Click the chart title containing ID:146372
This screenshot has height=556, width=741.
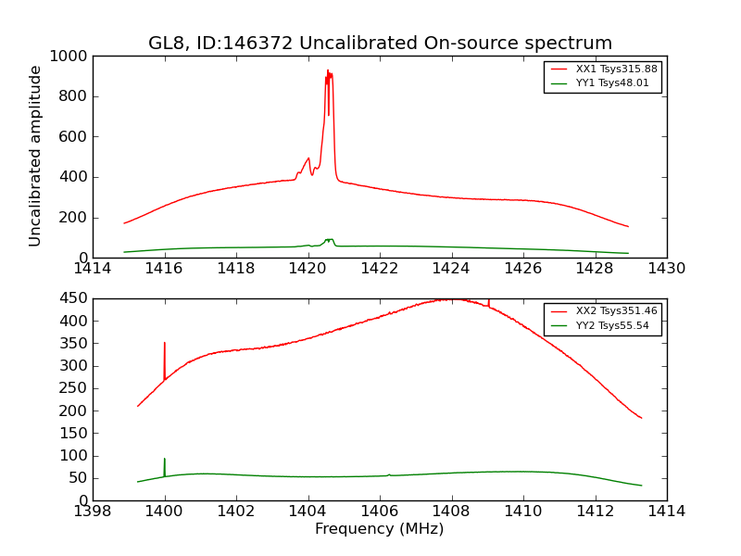click(380, 44)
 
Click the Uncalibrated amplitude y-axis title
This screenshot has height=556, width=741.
click(36, 156)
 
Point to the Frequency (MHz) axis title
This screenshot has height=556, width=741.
click(379, 529)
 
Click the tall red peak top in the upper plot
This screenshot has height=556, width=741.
click(328, 71)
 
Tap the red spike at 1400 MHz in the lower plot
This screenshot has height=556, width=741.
click(165, 344)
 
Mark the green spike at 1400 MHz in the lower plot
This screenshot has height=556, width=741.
click(165, 460)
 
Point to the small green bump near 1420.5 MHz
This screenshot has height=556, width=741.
click(329, 240)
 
